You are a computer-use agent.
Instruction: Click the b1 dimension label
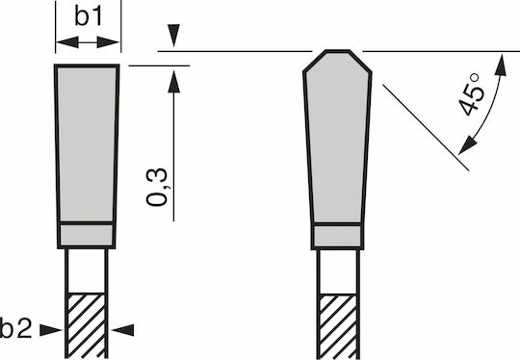click(x=88, y=16)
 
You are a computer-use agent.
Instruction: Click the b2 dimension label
click(x=15, y=328)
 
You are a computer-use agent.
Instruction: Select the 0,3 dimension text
click(x=157, y=188)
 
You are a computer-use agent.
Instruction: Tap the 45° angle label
click(x=472, y=94)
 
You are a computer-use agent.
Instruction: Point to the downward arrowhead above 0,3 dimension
click(x=173, y=36)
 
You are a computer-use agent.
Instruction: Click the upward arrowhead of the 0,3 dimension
click(x=173, y=82)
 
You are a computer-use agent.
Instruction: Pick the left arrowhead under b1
click(x=67, y=42)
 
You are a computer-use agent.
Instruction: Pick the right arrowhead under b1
click(x=108, y=42)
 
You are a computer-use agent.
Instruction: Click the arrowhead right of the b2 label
click(x=50, y=330)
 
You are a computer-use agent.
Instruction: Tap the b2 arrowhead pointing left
click(x=122, y=330)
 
